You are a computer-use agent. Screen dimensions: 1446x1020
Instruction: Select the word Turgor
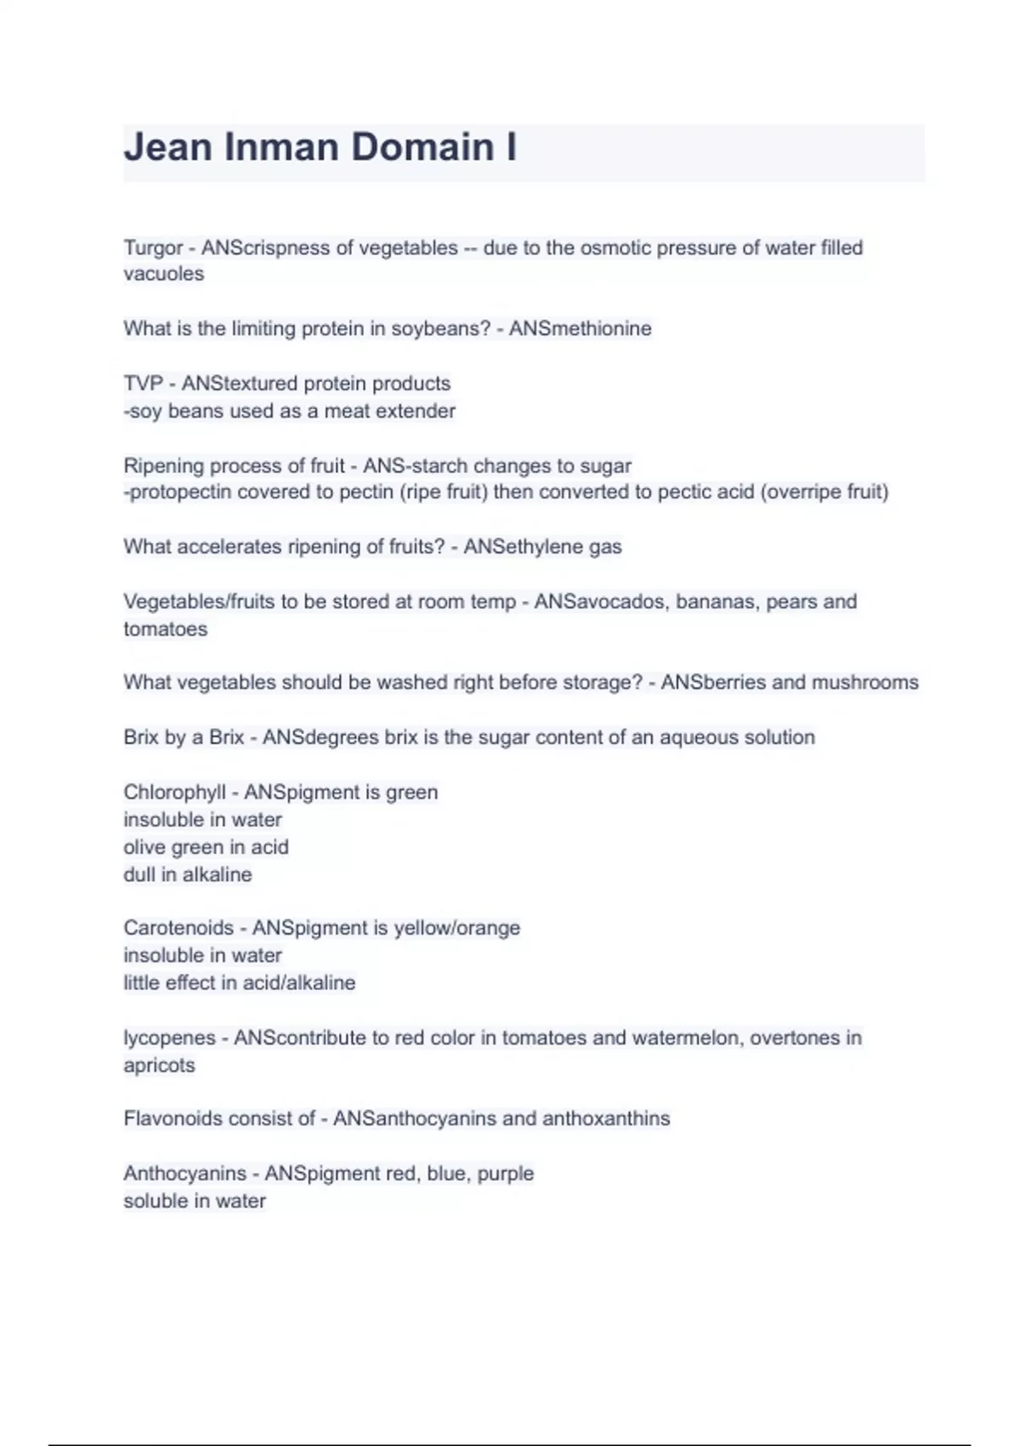[153, 248]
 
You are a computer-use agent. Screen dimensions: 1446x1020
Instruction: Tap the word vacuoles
[164, 274]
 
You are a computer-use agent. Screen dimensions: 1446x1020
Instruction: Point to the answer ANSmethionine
[580, 328]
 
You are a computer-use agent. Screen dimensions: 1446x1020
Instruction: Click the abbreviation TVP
[142, 384]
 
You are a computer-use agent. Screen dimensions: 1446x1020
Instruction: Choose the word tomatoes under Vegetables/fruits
[165, 629]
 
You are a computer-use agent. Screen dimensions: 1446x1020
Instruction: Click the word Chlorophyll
[174, 792]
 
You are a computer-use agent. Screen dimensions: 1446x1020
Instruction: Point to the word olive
[144, 847]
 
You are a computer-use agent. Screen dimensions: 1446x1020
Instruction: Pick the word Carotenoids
[178, 927]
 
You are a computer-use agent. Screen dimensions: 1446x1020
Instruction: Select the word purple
[505, 1174]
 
